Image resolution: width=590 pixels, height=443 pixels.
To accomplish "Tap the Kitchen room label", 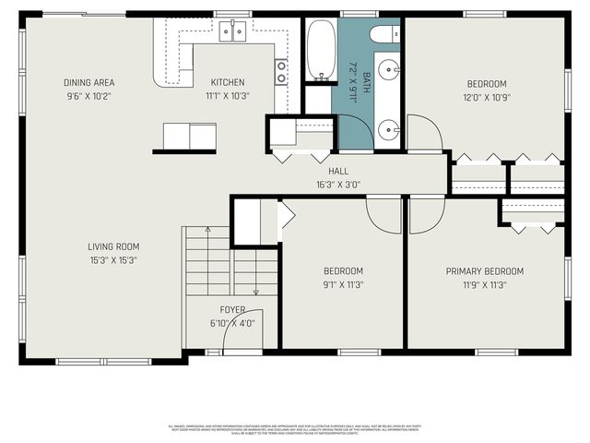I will (x=227, y=82).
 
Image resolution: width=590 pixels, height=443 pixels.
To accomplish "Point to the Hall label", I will (x=337, y=171).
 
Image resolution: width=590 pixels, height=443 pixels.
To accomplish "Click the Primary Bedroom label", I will (x=484, y=271).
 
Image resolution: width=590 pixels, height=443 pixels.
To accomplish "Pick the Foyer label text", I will (x=231, y=309).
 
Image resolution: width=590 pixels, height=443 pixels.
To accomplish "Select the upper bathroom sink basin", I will (x=391, y=68).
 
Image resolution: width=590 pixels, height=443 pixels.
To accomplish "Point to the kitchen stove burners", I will (x=280, y=71).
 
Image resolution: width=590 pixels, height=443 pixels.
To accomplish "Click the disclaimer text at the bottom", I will (x=295, y=429).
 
